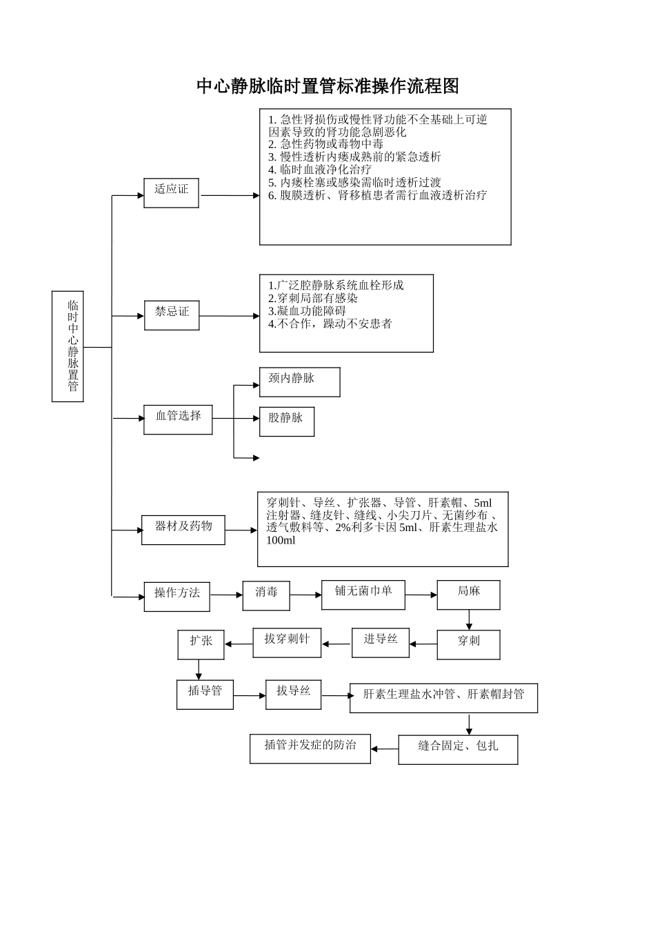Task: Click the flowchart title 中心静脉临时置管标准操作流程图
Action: tap(327, 86)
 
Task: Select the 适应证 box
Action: tap(171, 192)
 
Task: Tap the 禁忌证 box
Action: tap(172, 315)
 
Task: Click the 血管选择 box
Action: tap(178, 419)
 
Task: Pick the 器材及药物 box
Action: tap(183, 530)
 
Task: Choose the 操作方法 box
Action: tap(177, 596)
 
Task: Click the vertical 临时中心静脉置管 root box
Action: tap(68, 346)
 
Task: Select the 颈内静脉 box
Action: tap(299, 382)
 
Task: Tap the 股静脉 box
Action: tap(286, 421)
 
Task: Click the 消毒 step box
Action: tap(266, 595)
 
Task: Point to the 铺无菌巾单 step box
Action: tap(363, 595)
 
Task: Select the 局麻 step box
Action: tap(468, 595)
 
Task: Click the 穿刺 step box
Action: tap(468, 644)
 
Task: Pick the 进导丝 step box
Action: tap(380, 643)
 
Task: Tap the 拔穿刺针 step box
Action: tap(288, 642)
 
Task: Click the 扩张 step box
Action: tap(201, 644)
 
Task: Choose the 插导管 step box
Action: tap(205, 694)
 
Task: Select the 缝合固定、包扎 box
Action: tap(458, 749)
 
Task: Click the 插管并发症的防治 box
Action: tap(310, 748)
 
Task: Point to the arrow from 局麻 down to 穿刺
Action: tap(469, 620)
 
